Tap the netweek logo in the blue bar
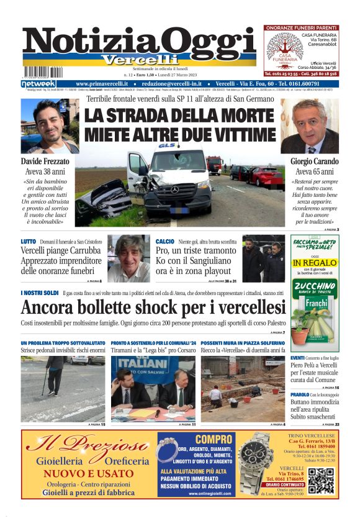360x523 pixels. tap(38, 83)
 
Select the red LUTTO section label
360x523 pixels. tap(29, 241)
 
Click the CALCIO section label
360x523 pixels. tap(164, 241)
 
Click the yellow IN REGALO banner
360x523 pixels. tap(315, 263)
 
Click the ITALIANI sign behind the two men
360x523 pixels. tap(137, 363)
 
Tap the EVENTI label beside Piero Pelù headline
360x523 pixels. tap(297, 358)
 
